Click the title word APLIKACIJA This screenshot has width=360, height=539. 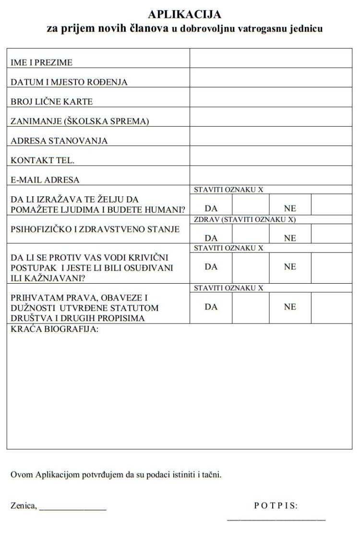pos(185,15)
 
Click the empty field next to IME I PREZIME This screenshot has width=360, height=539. pos(271,59)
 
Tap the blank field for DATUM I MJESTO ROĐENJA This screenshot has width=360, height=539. pos(271,78)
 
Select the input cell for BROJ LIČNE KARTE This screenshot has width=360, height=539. pos(271,97)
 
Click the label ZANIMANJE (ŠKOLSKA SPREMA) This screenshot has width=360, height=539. pos(80,121)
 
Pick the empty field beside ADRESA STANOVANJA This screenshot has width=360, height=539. pos(271,136)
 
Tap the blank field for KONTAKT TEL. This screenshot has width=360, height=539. pos(271,156)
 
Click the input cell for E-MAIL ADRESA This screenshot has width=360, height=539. pos(271,175)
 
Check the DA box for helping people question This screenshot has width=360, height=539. pos(250,204)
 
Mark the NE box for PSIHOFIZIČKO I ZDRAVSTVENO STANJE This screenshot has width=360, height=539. pos(331,234)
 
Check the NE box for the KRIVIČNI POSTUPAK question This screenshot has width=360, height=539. pos(331,267)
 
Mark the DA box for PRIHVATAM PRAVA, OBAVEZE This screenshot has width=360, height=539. pos(250,308)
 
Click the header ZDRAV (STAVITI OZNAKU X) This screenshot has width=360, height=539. pos(245,219)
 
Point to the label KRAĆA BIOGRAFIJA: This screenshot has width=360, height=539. pos(54,329)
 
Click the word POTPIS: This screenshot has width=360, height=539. pos(276,505)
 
